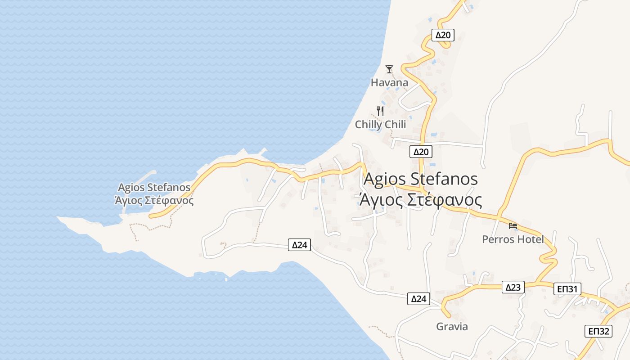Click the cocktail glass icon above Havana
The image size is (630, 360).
389,69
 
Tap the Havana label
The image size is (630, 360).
389,82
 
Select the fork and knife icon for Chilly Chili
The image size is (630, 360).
381,111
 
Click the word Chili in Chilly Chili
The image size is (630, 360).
394,125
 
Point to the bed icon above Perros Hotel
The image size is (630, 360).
513,225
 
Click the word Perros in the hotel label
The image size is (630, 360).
498,239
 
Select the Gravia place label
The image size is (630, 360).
452,327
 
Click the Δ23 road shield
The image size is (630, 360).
513,287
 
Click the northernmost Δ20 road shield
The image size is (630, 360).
443,35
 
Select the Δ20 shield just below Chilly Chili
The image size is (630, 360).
421,152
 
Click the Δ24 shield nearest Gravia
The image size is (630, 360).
418,298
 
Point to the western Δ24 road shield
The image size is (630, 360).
299,245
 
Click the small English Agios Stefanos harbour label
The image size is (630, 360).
154,187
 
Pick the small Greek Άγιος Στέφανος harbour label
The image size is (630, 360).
154,200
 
